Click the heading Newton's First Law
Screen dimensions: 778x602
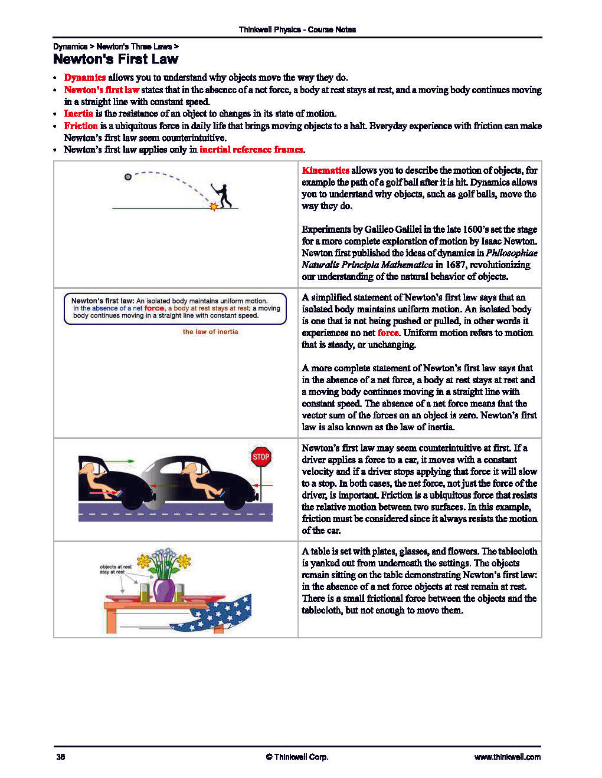(x=115, y=59)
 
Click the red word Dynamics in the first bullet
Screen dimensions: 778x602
(x=84, y=77)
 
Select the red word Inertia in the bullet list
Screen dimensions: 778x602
(x=78, y=113)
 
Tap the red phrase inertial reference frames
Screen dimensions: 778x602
(x=251, y=150)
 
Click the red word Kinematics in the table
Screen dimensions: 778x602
(x=325, y=170)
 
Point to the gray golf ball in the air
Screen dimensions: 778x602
(x=128, y=177)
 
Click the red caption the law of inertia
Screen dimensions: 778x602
(x=210, y=332)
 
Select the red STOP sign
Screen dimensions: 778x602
(x=261, y=457)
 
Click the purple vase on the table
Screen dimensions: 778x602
(x=163, y=590)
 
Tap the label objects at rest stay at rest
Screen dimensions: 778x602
(x=115, y=569)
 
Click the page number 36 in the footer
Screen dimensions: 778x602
(x=60, y=757)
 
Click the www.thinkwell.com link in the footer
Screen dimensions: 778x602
(x=507, y=757)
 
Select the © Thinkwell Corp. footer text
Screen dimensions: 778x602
(x=297, y=757)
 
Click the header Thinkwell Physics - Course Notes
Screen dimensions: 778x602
(x=297, y=29)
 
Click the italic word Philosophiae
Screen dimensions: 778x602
(x=511, y=253)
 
